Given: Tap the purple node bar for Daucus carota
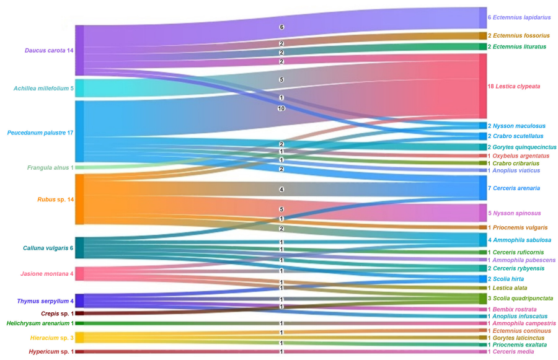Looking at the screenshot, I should point(79,50).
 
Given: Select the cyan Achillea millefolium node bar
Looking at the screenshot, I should point(79,88).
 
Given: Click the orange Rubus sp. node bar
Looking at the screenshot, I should point(79,199).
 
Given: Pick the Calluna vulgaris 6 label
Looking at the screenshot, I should point(48,248).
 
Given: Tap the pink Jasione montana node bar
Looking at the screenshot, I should point(79,273).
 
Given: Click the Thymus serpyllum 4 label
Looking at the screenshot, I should point(45,301).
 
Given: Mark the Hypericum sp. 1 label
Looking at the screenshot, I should point(51,352).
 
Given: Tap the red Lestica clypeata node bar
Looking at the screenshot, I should point(483,86).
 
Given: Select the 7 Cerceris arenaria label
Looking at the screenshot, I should point(513,188).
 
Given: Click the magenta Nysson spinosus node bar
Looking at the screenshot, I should point(483,213).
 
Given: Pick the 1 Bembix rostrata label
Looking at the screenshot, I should point(511,309).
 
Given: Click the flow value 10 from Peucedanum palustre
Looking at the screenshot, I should point(281,108).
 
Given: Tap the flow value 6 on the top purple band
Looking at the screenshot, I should point(281,27).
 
